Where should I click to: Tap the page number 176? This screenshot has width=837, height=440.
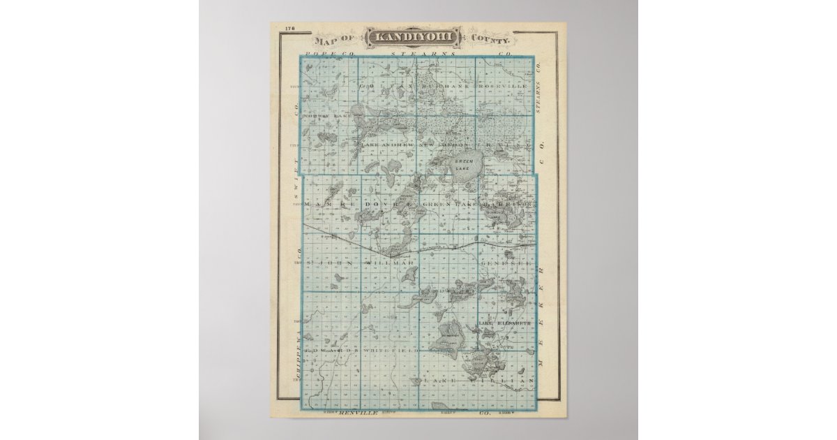click(290, 29)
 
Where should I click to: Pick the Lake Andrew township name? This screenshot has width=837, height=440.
click(387, 145)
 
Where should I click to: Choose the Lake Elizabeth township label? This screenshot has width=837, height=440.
click(506, 323)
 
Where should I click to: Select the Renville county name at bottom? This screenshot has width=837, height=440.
click(360, 413)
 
